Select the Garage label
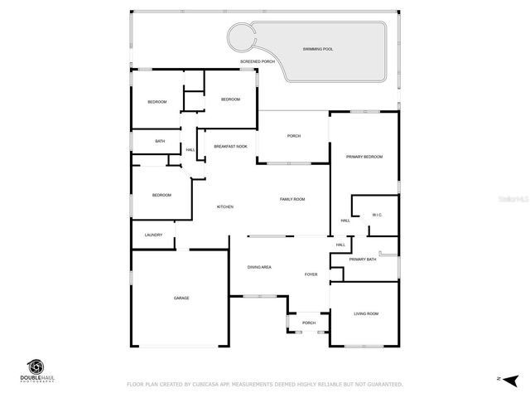pos(181,298)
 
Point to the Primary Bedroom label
pos(364,157)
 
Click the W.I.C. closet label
pos(377,216)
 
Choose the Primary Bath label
pos(363,260)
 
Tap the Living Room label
pos(366,313)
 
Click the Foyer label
pos(311,274)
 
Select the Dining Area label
pos(260,267)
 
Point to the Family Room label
pos(292,199)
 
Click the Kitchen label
pos(225,206)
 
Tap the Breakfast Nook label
pos(230,147)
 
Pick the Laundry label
pos(153,235)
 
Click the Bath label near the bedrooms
pos(160,141)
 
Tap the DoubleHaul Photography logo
pos(37,370)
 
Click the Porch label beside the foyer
pos(309,323)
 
